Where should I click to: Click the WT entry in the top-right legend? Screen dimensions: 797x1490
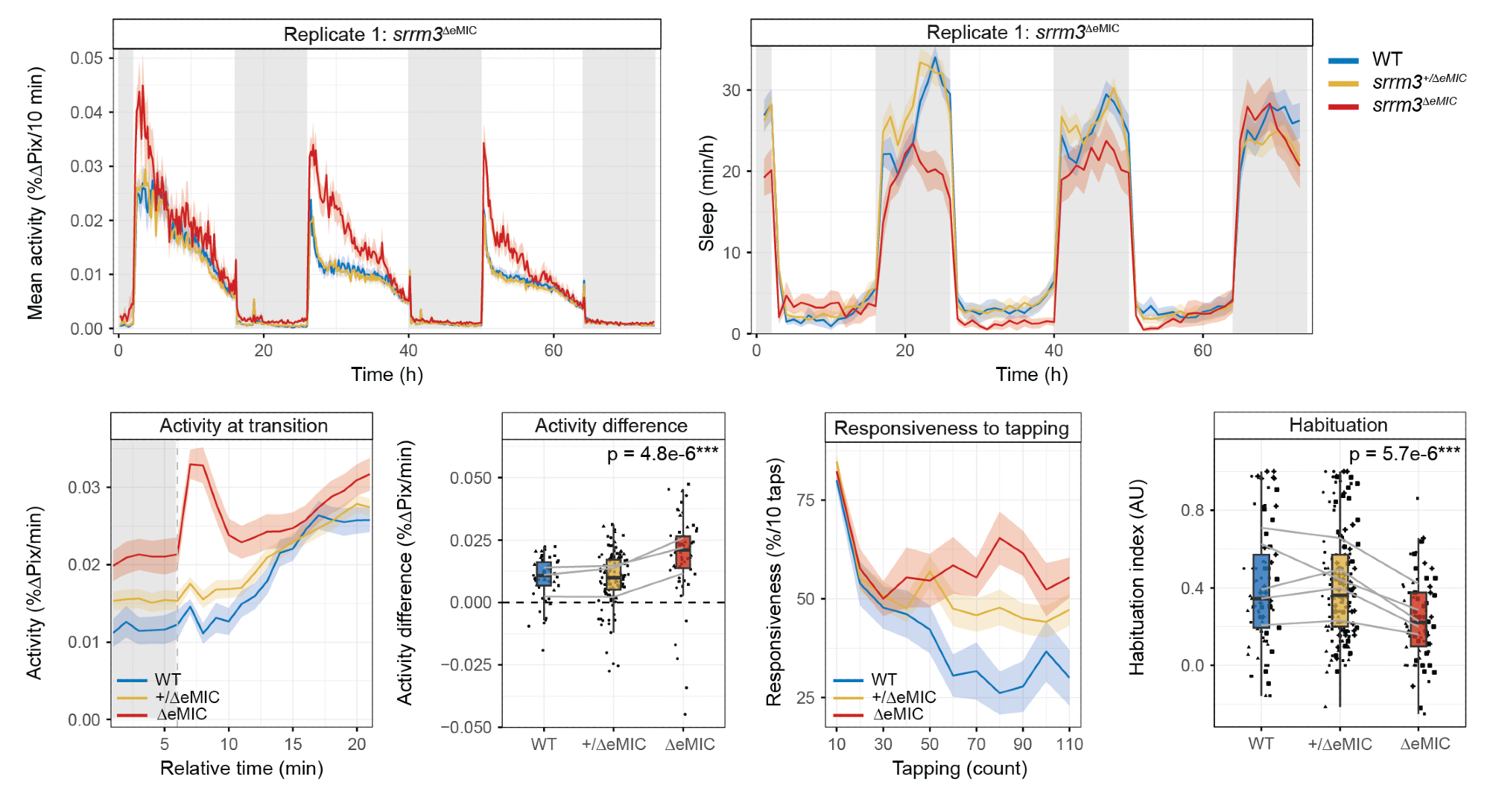point(1386,59)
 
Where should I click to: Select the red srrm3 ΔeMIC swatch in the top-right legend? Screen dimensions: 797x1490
point(1343,107)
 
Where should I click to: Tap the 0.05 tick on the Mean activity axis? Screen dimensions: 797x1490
point(86,58)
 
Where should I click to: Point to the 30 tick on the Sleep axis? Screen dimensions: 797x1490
point(731,90)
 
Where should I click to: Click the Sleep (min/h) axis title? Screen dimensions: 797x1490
point(706,193)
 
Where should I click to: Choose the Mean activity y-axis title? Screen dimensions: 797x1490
point(35,193)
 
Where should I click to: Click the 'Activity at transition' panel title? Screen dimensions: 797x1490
point(243,426)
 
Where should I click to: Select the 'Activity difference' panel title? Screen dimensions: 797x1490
point(611,426)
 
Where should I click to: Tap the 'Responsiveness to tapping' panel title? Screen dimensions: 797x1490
point(951,428)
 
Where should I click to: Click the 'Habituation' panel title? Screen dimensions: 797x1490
point(1338,425)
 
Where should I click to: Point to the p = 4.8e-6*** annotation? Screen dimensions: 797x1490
point(662,453)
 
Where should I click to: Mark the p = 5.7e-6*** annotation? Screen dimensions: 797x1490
point(1404,453)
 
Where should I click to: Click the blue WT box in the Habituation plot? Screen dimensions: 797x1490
point(1261,590)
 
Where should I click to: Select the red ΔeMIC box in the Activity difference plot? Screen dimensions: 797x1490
point(683,552)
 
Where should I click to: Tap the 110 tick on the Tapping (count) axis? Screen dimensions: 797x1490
point(1069,744)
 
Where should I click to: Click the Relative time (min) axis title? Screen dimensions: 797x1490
point(241,768)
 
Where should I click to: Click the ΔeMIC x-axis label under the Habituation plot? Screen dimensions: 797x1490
point(1424,743)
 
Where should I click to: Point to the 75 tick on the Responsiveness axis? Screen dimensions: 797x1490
point(805,500)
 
